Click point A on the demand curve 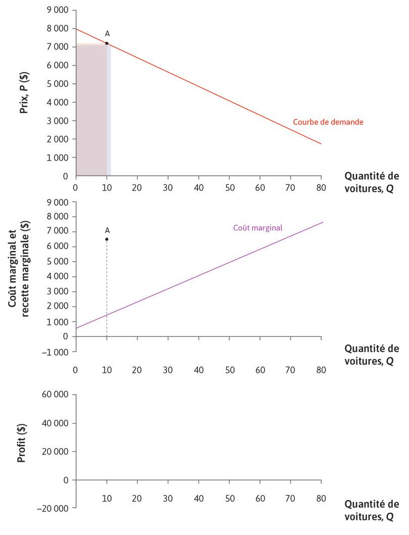[107, 43]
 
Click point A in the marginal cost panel [107, 239]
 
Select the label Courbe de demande [328, 122]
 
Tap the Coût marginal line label [258, 228]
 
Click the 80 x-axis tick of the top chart [321, 186]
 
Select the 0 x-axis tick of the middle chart [76, 370]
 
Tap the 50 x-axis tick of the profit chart [229, 498]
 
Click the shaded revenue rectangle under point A [91, 111]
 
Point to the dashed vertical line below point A [107, 293]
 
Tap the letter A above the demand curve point [107, 34]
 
